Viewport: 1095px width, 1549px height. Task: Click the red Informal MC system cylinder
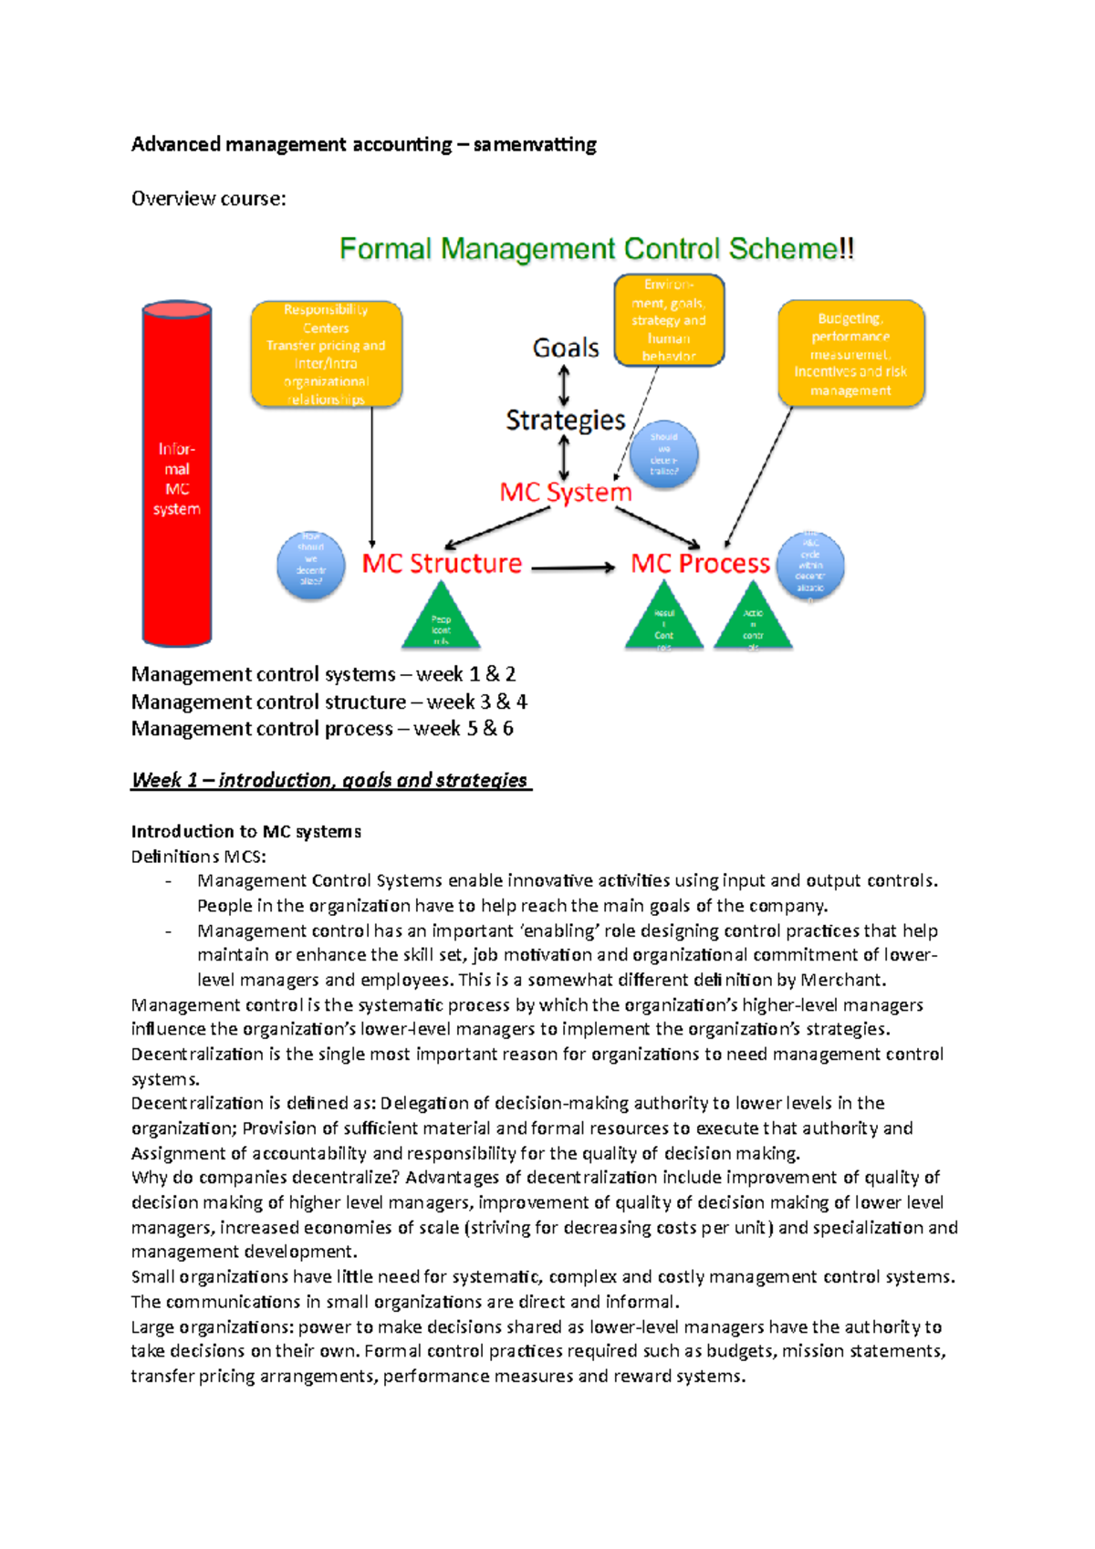[x=177, y=474]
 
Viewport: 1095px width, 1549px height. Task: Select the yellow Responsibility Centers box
[x=326, y=354]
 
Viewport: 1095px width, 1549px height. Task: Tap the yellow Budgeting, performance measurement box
[x=850, y=354]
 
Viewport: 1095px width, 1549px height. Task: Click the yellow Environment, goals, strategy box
[x=669, y=320]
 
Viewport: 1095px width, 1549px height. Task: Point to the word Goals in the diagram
[x=566, y=348]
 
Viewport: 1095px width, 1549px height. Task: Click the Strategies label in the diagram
[x=566, y=420]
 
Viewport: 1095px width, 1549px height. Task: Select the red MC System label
[x=566, y=493]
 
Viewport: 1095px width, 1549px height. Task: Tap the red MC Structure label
[x=442, y=564]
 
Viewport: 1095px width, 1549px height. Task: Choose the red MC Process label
[x=700, y=564]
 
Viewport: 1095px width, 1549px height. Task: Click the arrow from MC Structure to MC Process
[x=573, y=567]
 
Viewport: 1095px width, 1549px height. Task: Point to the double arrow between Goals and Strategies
[x=564, y=384]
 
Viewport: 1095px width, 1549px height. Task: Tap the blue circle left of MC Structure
[x=311, y=566]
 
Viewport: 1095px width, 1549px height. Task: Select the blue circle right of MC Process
[x=810, y=566]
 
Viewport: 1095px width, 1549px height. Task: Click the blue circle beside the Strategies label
[x=664, y=453]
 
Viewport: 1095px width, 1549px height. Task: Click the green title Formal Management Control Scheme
[x=597, y=249]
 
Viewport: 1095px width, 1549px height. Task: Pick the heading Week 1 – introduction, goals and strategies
[x=329, y=780]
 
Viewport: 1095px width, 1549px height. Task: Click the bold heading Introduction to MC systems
[x=246, y=831]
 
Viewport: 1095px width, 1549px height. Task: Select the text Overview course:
[x=209, y=199]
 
